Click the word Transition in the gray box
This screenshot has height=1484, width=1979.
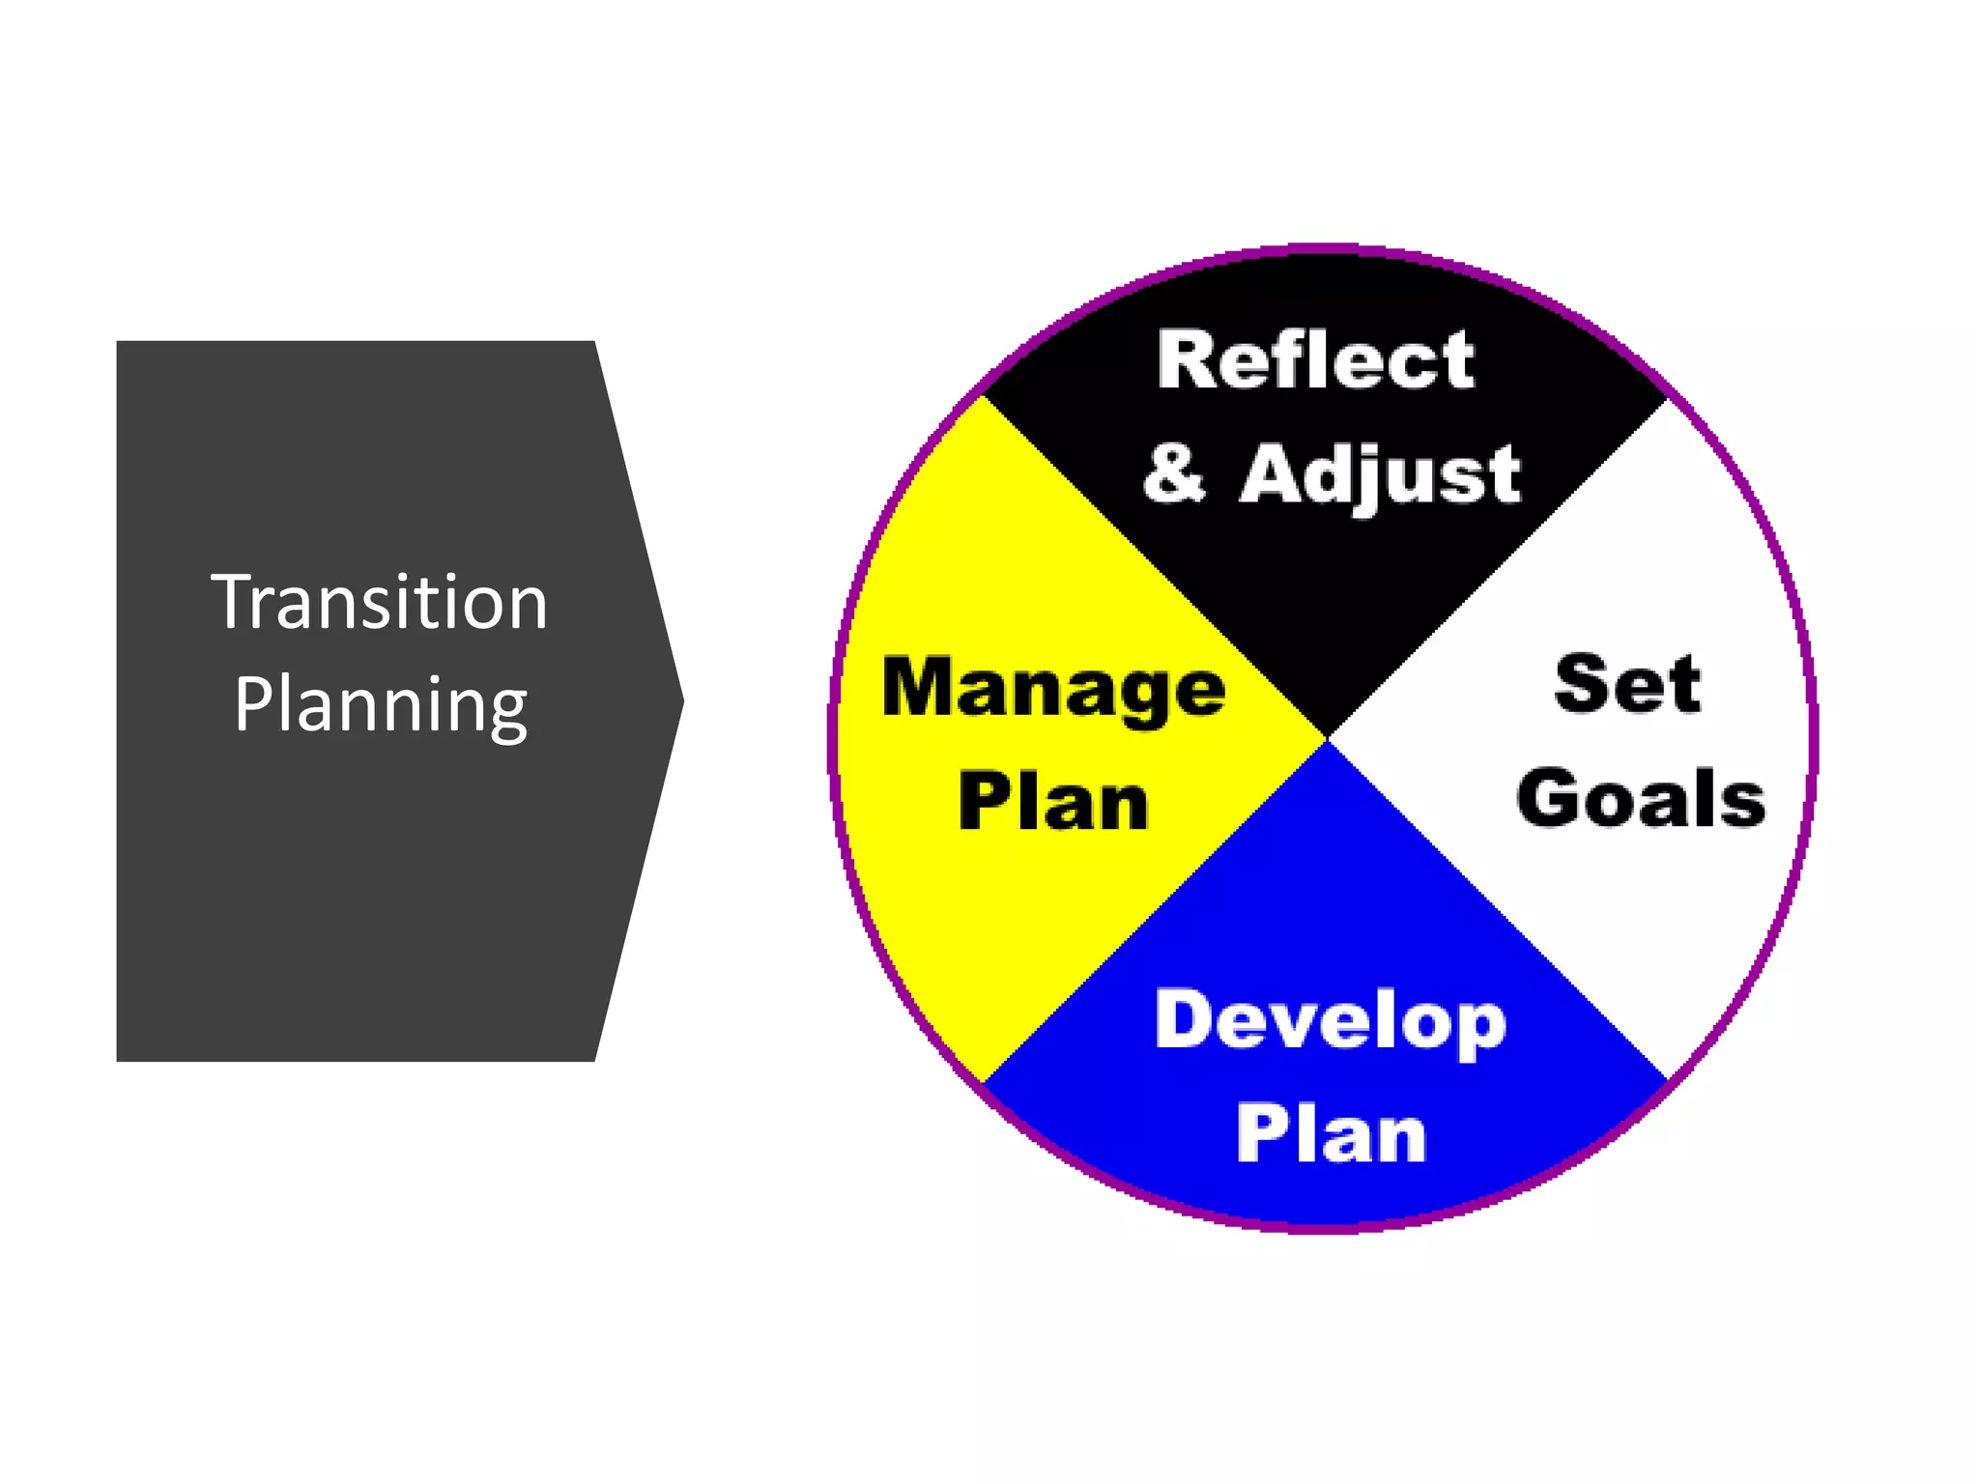(x=380, y=603)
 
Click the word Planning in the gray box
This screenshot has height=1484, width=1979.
(x=381, y=705)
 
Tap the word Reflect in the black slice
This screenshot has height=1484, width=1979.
(x=1316, y=360)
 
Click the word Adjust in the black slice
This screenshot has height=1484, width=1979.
(x=1380, y=475)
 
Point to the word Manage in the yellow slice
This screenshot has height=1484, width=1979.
(x=1053, y=689)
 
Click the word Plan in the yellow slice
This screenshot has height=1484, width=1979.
(x=1053, y=802)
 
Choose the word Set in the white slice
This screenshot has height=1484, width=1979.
(x=1627, y=684)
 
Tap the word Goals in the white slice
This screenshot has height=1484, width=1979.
(x=1641, y=799)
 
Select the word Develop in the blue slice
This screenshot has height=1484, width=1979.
(x=1331, y=1022)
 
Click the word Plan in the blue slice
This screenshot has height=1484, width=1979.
(x=1331, y=1134)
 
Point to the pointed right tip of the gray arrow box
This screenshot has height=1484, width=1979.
(x=681, y=701)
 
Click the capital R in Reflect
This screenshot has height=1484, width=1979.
(x=1186, y=360)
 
